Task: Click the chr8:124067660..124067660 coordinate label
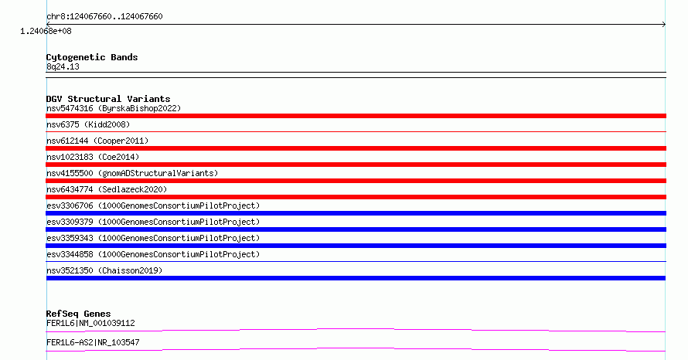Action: coord(104,17)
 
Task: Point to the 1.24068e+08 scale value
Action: coord(46,31)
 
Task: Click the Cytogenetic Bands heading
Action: coord(92,57)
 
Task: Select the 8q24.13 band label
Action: coord(63,66)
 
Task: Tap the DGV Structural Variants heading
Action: coord(108,99)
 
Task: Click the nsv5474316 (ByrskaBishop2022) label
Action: coord(114,108)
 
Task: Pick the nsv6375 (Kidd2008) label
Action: coord(88,124)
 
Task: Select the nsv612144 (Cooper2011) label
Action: coord(97,141)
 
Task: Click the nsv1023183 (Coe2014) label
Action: coord(93,157)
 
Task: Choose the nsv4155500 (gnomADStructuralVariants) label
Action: coord(132,173)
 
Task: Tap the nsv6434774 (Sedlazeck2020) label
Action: coord(107,189)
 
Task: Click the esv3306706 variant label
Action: coord(153,205)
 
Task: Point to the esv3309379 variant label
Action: coord(153,222)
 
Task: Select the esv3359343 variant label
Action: coord(153,238)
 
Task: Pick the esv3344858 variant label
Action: coord(153,254)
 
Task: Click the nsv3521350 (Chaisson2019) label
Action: coord(104,270)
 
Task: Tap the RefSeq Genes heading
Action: coord(78,314)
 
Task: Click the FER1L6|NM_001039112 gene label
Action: coord(90,323)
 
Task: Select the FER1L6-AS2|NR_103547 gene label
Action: coord(93,342)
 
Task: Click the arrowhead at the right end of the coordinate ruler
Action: coord(664,25)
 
